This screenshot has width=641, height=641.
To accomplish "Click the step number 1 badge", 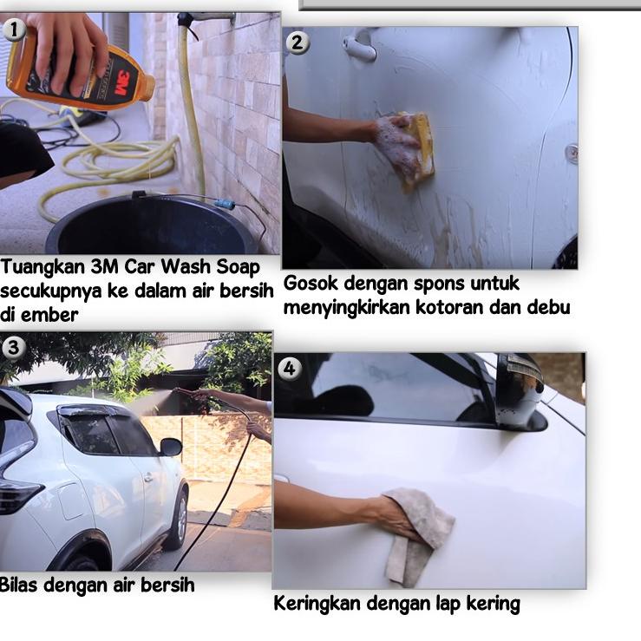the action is point(14,29).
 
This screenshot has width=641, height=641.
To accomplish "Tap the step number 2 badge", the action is point(298,43).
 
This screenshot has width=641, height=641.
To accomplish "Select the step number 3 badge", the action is point(14,348).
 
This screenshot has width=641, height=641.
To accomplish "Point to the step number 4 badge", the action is point(289,369).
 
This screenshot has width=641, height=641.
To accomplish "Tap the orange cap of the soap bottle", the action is point(147,87).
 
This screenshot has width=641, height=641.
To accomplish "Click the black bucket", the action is point(150,225).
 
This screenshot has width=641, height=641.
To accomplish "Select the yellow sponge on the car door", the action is point(418,149).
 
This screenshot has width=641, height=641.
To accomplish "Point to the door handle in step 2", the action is point(359,47).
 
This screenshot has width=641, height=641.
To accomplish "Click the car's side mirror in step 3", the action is point(171,448).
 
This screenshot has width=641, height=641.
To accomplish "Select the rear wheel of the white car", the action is point(179,516).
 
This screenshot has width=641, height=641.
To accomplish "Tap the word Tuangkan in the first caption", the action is point(43,267).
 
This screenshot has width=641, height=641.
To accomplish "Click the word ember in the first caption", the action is point(49,315).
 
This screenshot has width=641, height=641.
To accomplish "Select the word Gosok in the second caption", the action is point(311,283).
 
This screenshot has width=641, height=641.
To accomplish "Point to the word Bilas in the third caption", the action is point(18,585).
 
